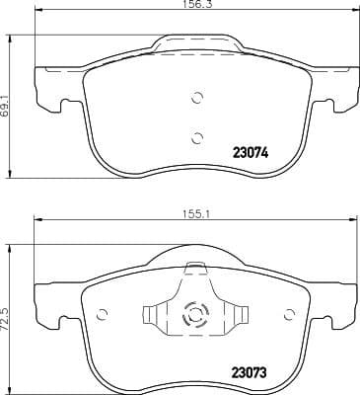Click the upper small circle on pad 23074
point(196,98)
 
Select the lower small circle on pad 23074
point(196,137)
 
